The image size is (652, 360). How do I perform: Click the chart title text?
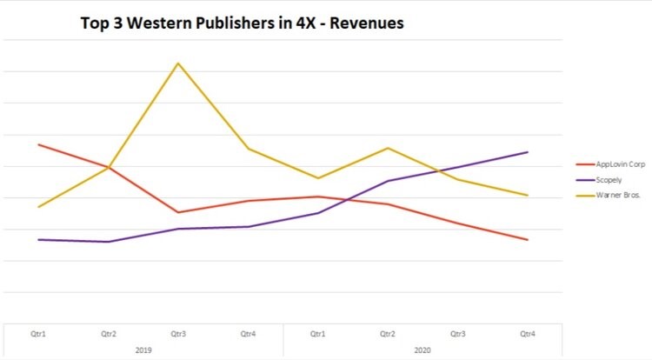click(x=242, y=23)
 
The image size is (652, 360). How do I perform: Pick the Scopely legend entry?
click(x=609, y=179)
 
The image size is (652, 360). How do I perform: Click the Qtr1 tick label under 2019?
click(x=39, y=333)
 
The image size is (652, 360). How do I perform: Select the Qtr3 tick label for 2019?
click(x=178, y=333)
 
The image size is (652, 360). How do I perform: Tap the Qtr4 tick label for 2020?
click(x=528, y=333)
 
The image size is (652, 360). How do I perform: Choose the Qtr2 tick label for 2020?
click(x=388, y=333)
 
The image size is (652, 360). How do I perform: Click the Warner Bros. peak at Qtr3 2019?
click(x=178, y=63)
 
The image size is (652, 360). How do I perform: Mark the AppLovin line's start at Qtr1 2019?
click(x=39, y=144)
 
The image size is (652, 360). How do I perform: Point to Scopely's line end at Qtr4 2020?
click(x=528, y=152)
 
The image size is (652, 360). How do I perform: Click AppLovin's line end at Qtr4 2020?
click(x=528, y=240)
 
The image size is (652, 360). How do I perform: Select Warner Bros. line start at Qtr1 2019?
click(x=39, y=207)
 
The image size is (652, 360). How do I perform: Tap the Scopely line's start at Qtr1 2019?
click(x=39, y=239)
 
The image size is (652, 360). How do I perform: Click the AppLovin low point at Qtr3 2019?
click(x=178, y=212)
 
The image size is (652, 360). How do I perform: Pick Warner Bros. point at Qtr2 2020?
click(x=388, y=148)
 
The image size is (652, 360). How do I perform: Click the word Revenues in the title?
click(x=368, y=23)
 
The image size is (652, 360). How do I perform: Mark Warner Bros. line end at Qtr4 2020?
click(x=528, y=195)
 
